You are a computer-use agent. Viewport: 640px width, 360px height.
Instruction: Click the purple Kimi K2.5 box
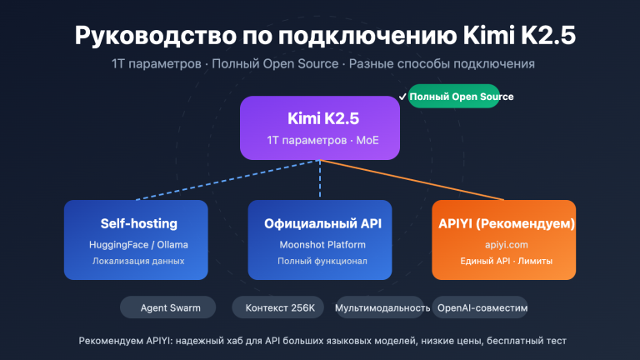coord(321,127)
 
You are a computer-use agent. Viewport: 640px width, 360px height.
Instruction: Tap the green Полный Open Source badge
coord(460,97)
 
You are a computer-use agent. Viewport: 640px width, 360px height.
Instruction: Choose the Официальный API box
coord(320,240)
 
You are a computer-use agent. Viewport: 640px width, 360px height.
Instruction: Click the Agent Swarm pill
coord(166,307)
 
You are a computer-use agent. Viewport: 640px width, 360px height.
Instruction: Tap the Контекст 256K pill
coord(280,307)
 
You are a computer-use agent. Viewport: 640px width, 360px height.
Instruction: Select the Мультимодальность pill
coord(382,307)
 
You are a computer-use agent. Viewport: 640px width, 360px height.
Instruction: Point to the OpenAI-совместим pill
coord(482,307)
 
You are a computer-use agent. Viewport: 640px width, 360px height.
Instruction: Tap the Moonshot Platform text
coord(320,244)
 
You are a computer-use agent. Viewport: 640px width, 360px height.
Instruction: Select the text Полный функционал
coord(320,262)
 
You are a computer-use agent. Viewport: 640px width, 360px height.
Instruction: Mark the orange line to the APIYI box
coord(417,181)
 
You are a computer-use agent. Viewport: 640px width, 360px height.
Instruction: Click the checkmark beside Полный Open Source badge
coord(402,97)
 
